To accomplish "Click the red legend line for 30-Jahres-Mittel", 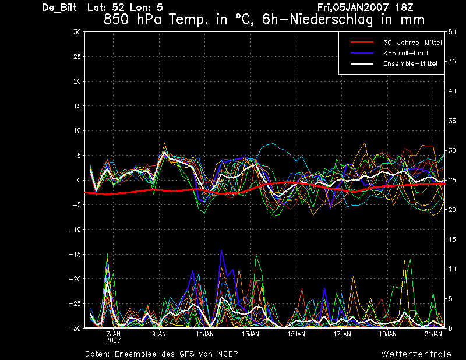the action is [362, 43].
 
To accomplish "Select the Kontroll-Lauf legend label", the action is [405, 53].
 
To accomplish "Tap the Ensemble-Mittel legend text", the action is [410, 63].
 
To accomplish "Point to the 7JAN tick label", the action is [113, 334].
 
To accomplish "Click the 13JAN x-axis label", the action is [250, 334].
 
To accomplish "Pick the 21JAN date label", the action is [433, 334].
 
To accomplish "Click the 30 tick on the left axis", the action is [77, 32].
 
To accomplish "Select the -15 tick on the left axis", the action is [75, 254].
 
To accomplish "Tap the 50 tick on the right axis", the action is [452, 32].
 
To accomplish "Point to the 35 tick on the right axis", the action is [452, 121].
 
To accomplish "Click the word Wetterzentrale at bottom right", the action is [416, 354].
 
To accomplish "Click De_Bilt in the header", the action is [59, 8].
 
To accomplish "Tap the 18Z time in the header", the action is [404, 8].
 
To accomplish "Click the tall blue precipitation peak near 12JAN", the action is [221, 250].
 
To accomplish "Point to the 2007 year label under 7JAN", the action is [113, 340].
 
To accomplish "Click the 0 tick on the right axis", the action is [450, 328].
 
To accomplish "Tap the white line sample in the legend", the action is [362, 63].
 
